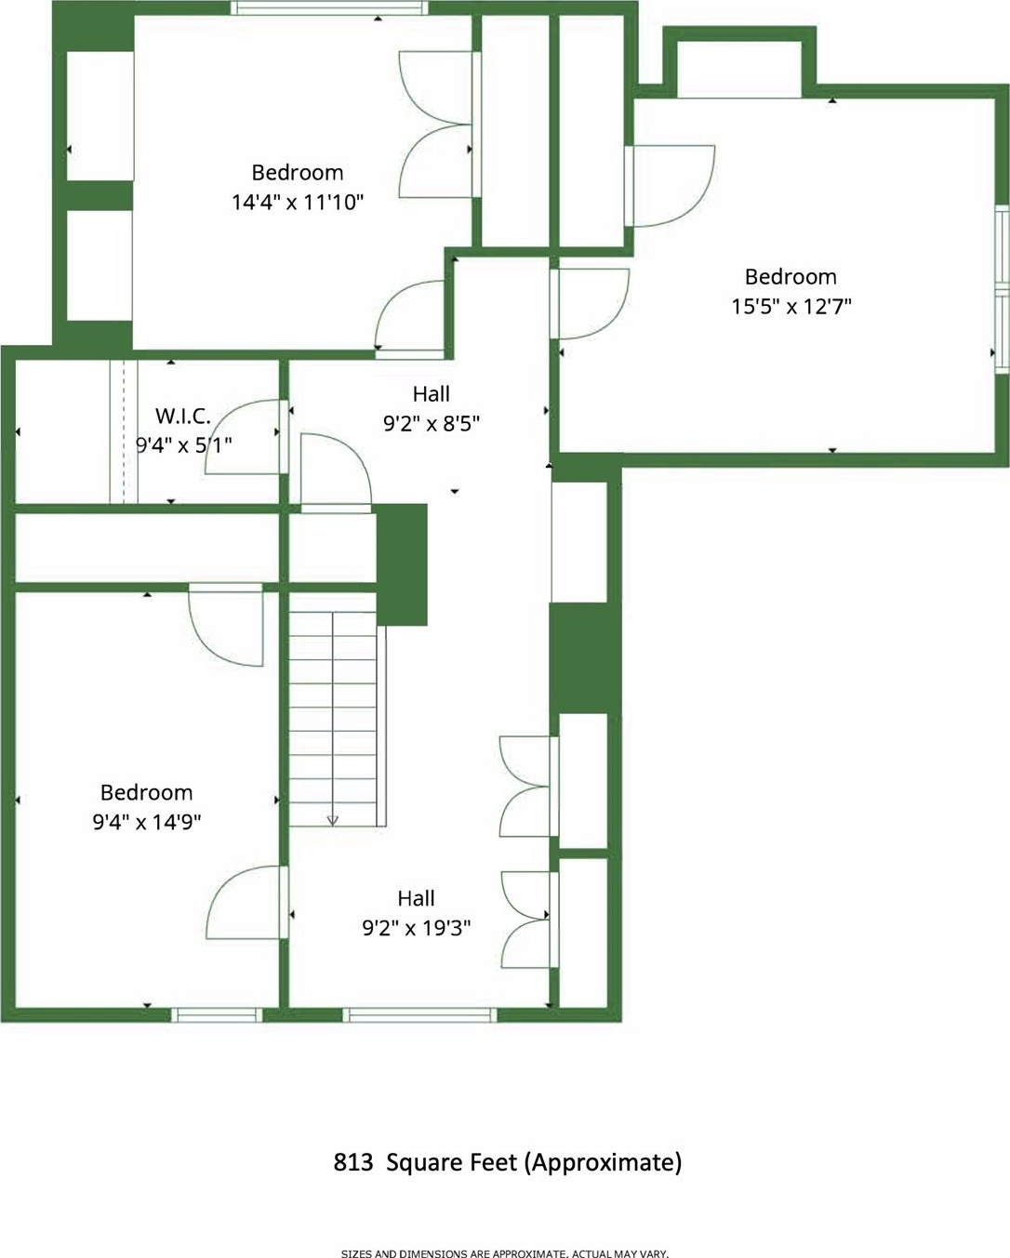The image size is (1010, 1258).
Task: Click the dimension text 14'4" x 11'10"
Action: point(298,203)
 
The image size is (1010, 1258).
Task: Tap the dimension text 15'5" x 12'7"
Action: point(791,306)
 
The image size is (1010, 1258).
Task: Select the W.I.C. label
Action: point(183,417)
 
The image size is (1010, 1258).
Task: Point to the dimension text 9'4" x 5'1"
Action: point(183,445)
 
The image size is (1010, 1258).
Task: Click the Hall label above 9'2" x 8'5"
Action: point(432,394)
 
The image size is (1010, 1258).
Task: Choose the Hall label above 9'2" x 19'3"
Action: point(417,898)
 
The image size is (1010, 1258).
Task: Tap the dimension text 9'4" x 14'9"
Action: point(147,822)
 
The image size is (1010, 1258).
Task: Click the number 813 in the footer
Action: point(353,1162)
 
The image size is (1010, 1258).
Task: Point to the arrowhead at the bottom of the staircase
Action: point(333,821)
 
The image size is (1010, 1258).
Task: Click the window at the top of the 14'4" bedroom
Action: point(329,7)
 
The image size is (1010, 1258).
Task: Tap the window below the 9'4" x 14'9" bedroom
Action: point(217,1014)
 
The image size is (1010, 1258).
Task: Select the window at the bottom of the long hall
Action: point(420,1014)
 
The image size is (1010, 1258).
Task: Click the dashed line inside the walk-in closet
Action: point(124,431)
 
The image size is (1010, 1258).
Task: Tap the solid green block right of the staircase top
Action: point(401,564)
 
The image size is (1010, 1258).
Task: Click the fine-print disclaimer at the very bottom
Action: point(505,1252)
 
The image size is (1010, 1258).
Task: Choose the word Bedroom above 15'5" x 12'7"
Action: point(791,276)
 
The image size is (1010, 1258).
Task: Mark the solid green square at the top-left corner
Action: point(94,26)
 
